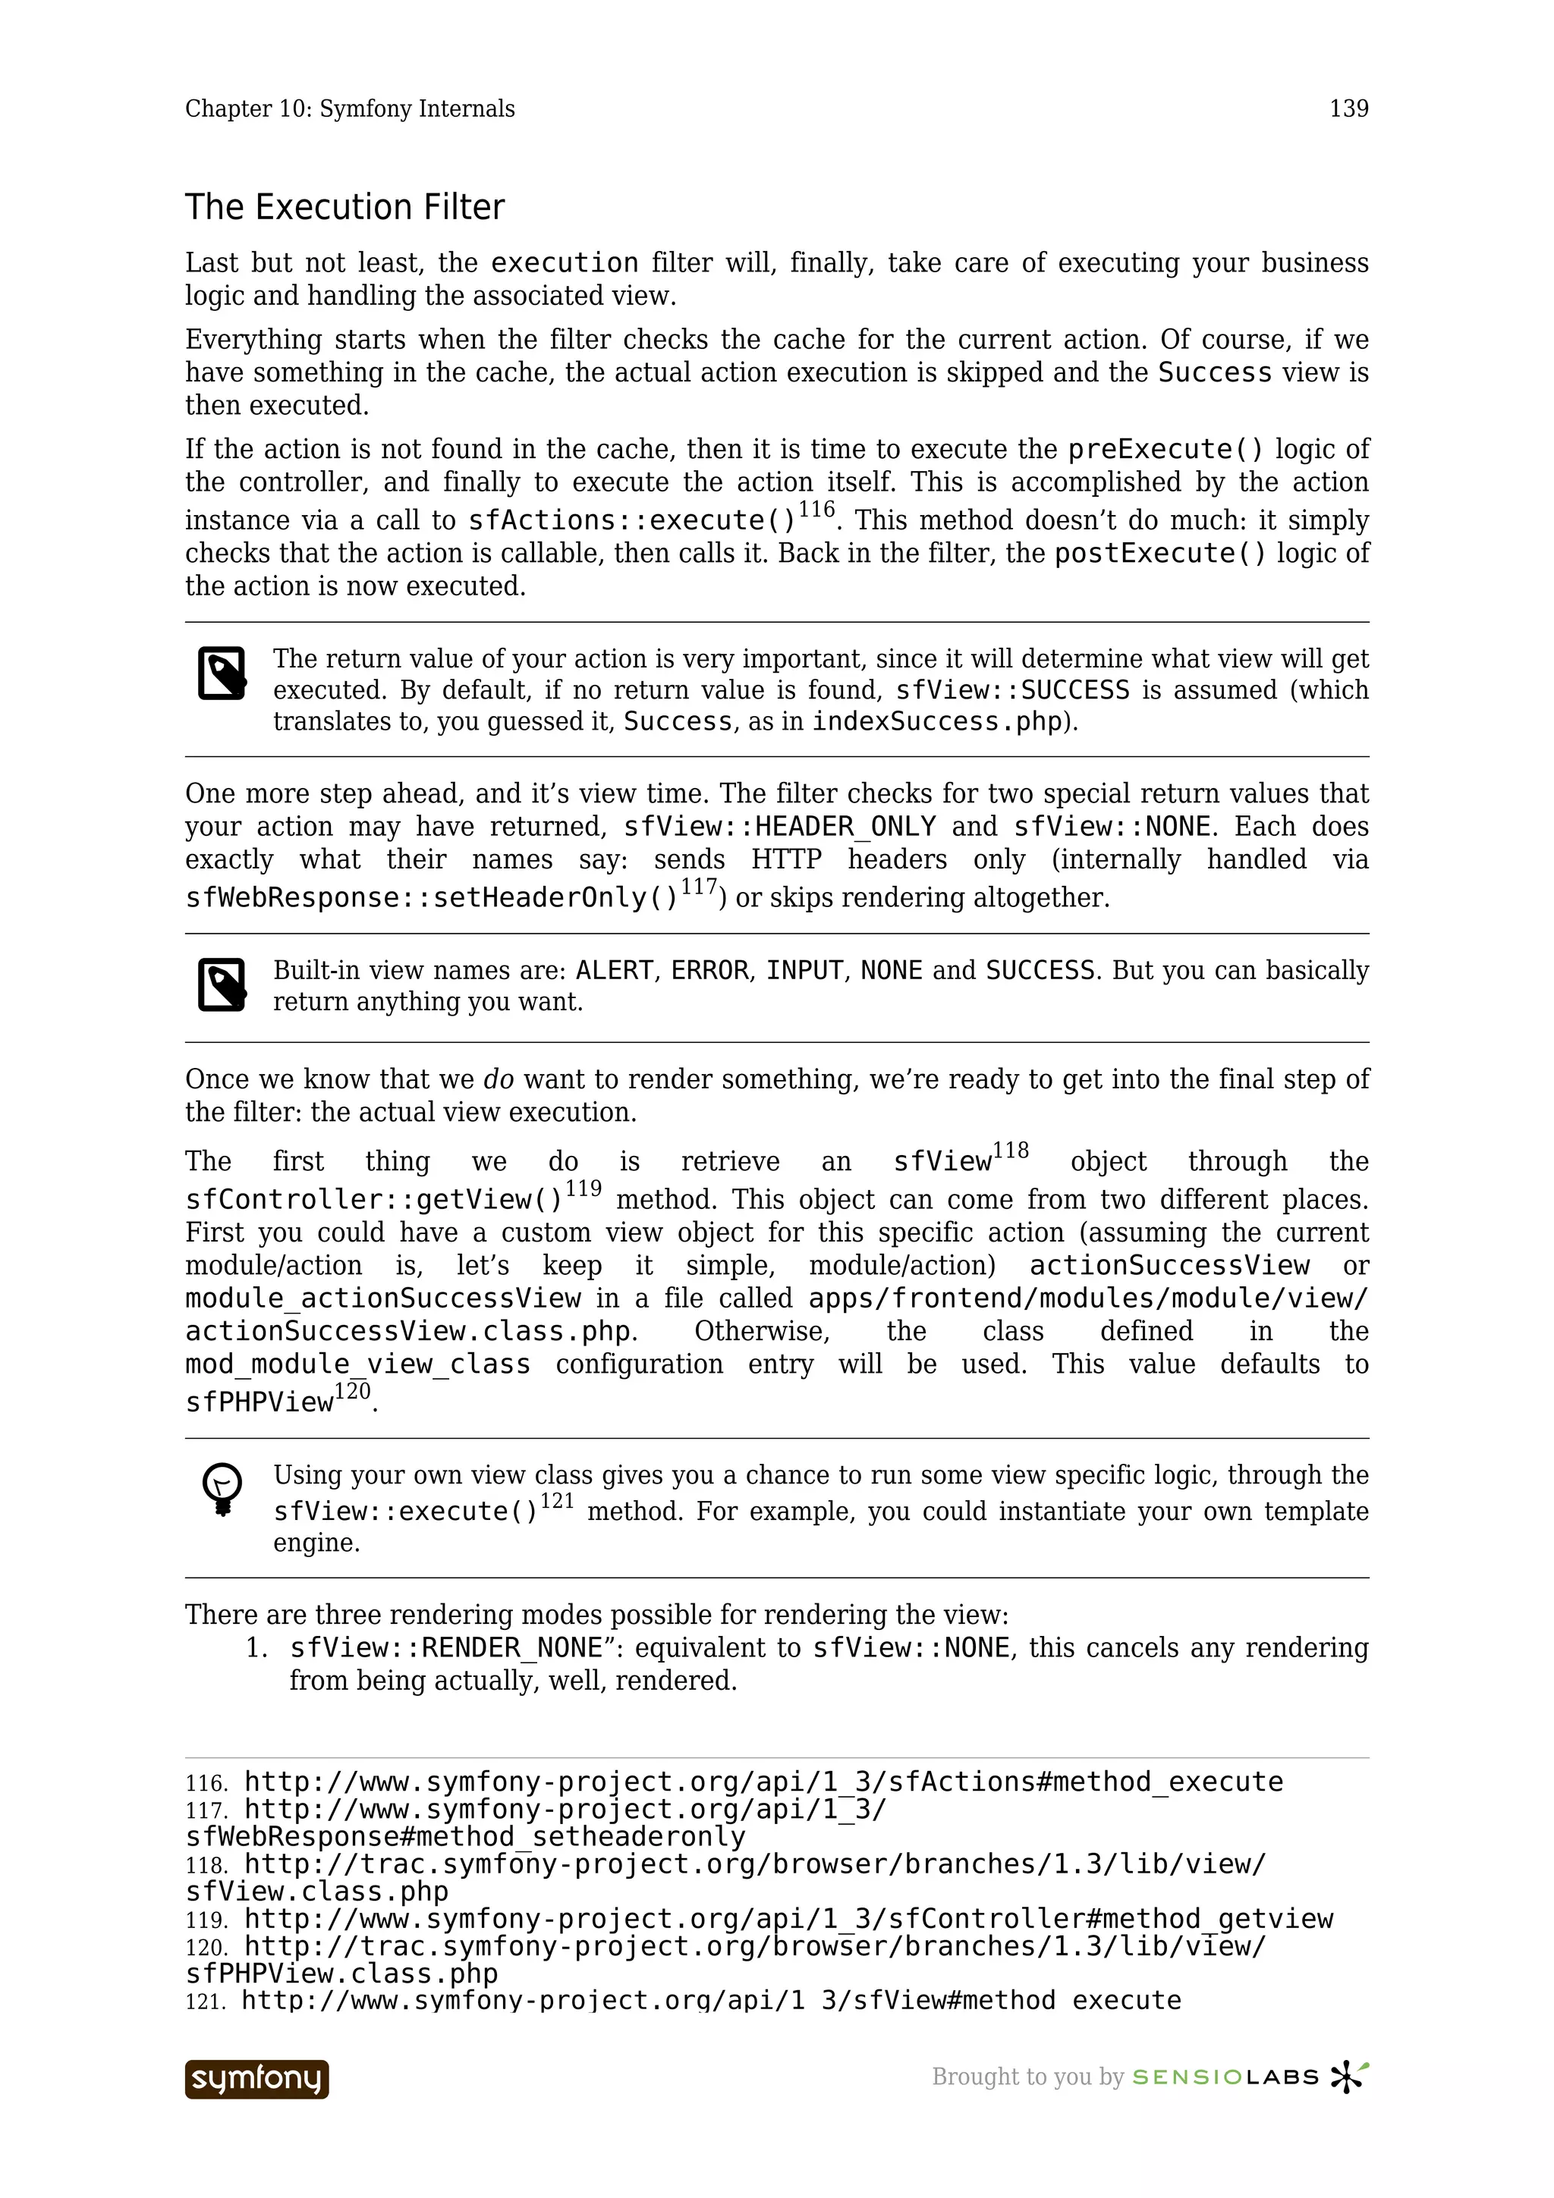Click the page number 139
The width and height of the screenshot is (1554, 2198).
click(x=1348, y=109)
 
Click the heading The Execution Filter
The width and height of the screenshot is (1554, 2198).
click(x=344, y=208)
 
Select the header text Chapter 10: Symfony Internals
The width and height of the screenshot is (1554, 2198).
click(x=350, y=109)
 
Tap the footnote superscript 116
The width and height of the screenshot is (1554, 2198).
click(x=816, y=510)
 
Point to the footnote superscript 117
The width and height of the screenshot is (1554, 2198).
click(x=699, y=887)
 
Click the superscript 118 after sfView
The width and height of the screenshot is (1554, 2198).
click(x=1011, y=1151)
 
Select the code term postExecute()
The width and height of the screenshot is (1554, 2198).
click(x=1159, y=554)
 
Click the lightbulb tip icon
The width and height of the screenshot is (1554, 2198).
click(x=222, y=1490)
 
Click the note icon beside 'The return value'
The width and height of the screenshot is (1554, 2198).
click(x=222, y=673)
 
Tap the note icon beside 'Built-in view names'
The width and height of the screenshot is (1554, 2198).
click(x=222, y=984)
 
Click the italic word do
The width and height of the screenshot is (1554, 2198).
click(x=498, y=1080)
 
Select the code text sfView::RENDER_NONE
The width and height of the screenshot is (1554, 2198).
click(x=446, y=1649)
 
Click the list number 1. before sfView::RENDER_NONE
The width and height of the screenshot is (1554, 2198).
click(x=256, y=1649)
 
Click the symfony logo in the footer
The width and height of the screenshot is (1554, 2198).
click(x=256, y=2078)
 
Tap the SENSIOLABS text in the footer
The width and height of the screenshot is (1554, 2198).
click(x=1225, y=2077)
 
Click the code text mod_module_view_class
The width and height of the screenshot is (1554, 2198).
click(x=357, y=1364)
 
